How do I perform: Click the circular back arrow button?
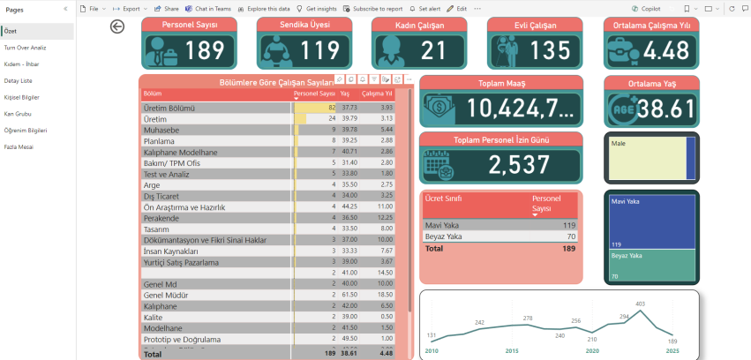coord(117,26)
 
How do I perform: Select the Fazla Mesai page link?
coord(18,146)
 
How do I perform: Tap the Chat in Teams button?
coord(212,7)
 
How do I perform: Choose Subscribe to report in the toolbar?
coord(377,7)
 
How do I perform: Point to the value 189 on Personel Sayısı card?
coord(205,50)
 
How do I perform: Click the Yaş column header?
coord(345,93)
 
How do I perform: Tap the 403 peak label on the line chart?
coord(641,304)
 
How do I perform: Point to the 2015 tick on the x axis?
coord(512,350)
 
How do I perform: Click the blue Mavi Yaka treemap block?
coord(650,221)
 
